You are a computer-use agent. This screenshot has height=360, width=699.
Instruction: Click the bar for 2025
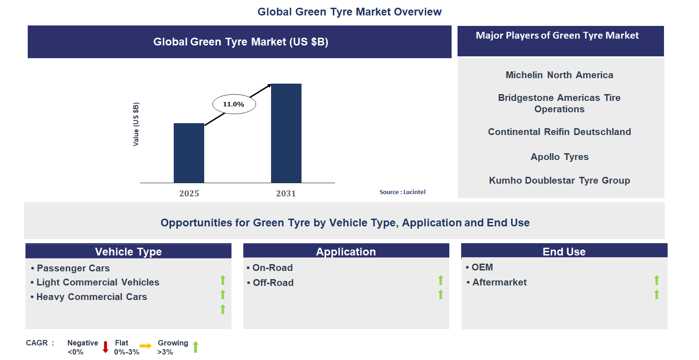189,153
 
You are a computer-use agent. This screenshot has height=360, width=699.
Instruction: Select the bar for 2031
286,133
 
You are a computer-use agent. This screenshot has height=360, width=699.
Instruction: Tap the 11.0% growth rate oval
234,104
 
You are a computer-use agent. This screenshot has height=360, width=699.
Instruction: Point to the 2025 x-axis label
189,194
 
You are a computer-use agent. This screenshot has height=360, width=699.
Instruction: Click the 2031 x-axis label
286,194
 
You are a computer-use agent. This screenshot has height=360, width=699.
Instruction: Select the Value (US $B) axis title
136,125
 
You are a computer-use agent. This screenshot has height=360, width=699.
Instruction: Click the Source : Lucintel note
402,192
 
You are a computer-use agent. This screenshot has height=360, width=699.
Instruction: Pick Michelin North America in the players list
559,75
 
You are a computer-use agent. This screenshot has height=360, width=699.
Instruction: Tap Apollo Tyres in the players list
559,157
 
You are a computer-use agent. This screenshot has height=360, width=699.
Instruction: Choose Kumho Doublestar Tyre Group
559,180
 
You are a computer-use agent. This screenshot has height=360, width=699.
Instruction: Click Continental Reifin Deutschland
559,132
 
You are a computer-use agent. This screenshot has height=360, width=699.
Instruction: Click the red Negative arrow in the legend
106,347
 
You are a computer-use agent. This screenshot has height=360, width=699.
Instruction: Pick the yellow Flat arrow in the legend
146,346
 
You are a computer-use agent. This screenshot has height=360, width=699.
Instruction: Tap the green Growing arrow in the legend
196,347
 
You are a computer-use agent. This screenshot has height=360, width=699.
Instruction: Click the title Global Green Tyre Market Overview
349,12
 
